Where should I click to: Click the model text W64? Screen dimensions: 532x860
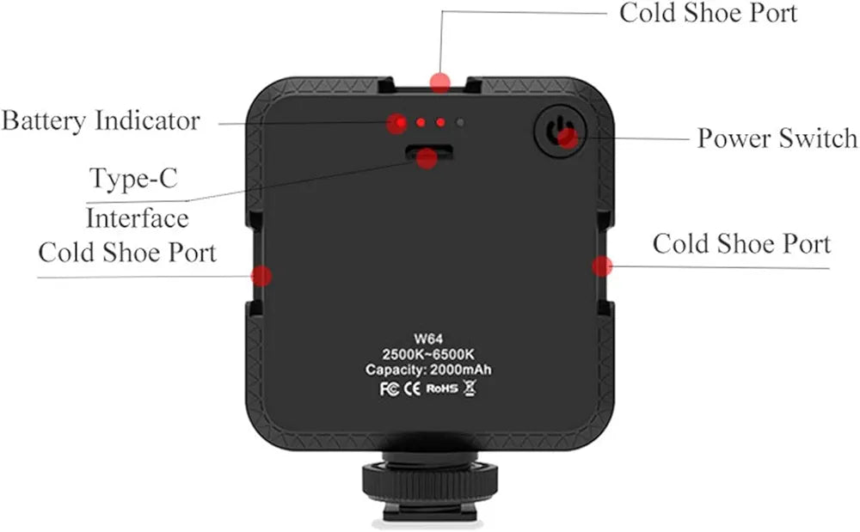(428, 337)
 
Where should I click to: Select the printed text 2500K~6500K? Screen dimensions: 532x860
(428, 353)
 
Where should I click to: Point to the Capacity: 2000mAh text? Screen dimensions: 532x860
(428, 370)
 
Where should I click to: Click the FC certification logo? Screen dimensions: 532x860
(389, 388)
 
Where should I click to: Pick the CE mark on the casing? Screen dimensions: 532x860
(411, 388)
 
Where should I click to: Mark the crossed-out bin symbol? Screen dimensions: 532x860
(469, 388)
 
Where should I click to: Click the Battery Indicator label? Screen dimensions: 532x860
(101, 120)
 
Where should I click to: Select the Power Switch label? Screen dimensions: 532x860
(777, 138)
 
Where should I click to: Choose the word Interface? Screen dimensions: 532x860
(137, 217)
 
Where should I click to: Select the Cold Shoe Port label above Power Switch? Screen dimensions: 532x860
(708, 13)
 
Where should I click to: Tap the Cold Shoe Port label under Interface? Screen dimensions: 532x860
(127, 253)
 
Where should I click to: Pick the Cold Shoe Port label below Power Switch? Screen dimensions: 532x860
(741, 243)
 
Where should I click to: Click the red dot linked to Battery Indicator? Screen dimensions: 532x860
(396, 124)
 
